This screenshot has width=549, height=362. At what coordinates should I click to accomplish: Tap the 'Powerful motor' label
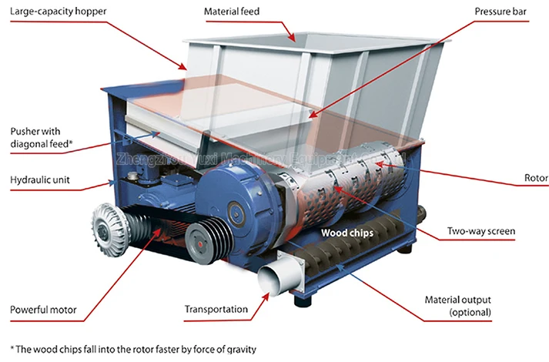point(43,311)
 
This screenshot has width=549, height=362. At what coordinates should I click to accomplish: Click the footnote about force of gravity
point(132,349)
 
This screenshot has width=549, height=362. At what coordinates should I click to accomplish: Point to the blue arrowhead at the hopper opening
point(291,36)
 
